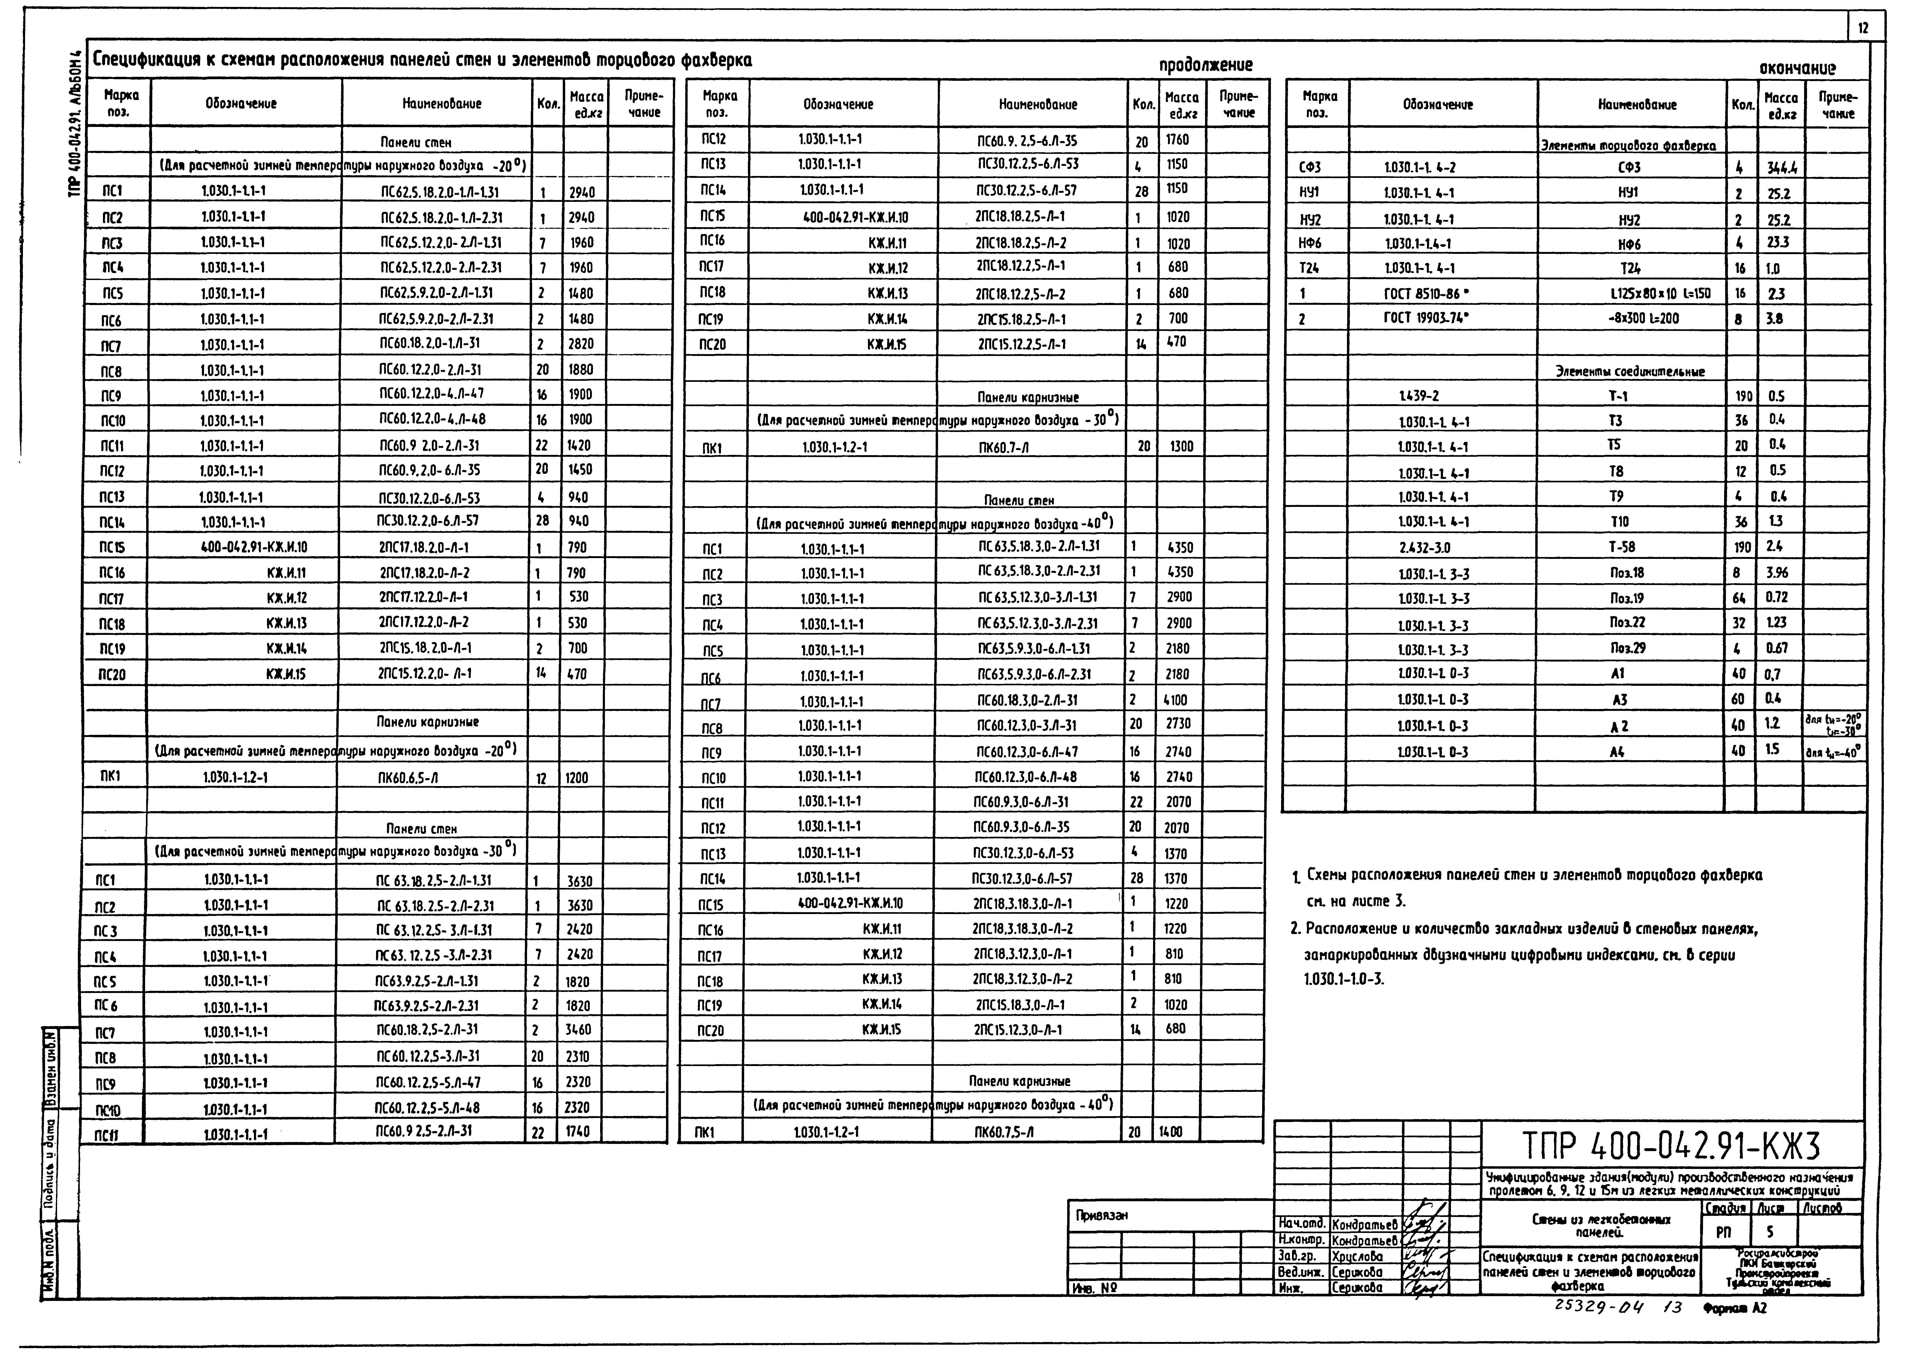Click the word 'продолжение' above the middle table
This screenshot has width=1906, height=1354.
pyautogui.click(x=1206, y=65)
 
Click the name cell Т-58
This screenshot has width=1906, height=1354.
pyautogui.click(x=1622, y=547)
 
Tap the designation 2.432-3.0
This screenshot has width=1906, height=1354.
pyautogui.click(x=1425, y=547)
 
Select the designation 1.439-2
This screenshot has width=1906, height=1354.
pyautogui.click(x=1419, y=397)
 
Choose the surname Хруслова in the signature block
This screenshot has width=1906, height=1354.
pyautogui.click(x=1357, y=1256)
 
